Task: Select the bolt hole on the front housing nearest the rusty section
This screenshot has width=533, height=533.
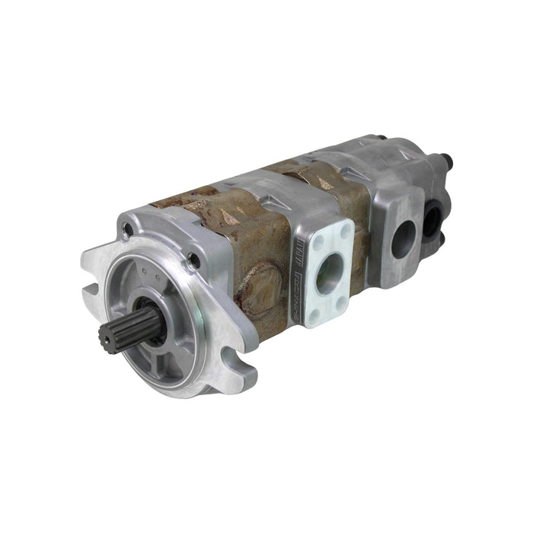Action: coord(195,260)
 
